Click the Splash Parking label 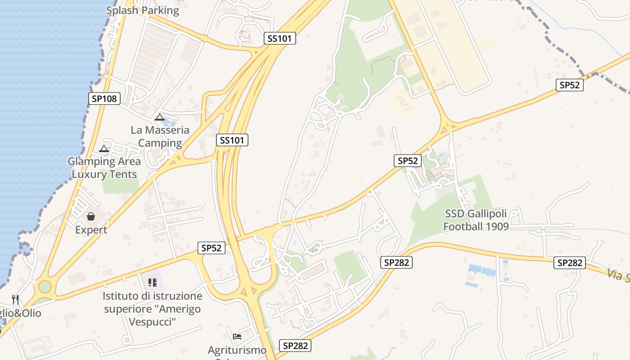[x=142, y=10]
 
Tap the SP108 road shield [x=104, y=99]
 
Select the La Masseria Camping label [x=160, y=136]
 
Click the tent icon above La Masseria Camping [x=159, y=117]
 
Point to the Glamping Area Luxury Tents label [x=104, y=167]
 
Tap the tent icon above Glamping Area [x=104, y=148]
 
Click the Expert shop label [x=91, y=229]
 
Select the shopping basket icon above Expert [x=91, y=216]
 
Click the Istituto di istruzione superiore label [x=152, y=309]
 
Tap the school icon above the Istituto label [x=152, y=283]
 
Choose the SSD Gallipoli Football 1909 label [x=476, y=220]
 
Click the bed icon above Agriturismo [x=237, y=336]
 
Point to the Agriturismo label [x=237, y=350]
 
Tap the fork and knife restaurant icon [x=16, y=299]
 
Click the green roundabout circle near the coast [x=45, y=286]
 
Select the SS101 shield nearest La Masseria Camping [x=232, y=140]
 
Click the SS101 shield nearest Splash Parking [x=279, y=38]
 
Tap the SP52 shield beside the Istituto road [x=211, y=248]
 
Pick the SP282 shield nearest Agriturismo [x=295, y=346]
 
